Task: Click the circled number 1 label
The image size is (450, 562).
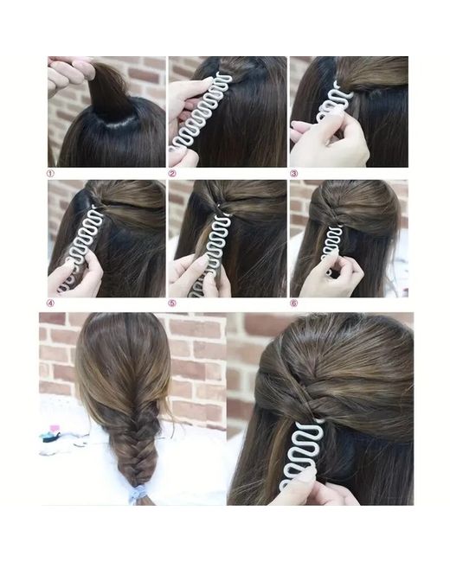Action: pyautogui.click(x=50, y=174)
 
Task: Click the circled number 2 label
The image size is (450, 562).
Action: pyautogui.click(x=172, y=174)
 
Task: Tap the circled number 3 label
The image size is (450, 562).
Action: pyautogui.click(x=294, y=174)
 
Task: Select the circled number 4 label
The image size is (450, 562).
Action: pyautogui.click(x=50, y=303)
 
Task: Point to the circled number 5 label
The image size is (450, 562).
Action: pyautogui.click(x=172, y=303)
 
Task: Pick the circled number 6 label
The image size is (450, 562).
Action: pyautogui.click(x=294, y=303)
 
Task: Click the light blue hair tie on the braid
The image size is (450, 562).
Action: pyautogui.click(x=138, y=494)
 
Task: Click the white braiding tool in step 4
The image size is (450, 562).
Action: pyautogui.click(x=82, y=244)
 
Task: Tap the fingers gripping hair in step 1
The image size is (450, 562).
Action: pyautogui.click(x=70, y=73)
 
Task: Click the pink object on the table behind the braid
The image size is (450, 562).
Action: pyautogui.click(x=55, y=429)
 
